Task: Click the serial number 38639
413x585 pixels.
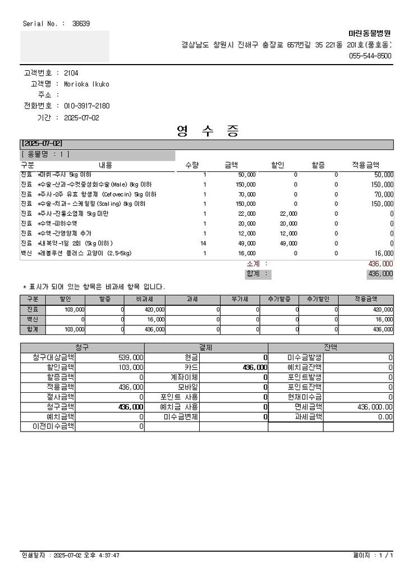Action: pos(81,24)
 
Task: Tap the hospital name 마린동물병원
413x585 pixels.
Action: pos(370,34)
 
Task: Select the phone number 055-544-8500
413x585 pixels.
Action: pos(370,56)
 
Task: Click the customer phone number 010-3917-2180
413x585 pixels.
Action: pos(86,106)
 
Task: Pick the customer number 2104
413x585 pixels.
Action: pos(71,73)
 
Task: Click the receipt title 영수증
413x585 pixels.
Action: pos(208,131)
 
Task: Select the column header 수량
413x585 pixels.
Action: pos(192,165)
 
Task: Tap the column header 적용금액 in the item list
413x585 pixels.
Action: pos(366,165)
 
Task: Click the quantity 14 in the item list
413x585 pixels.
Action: pos(204,243)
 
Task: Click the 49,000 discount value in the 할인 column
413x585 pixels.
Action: pos(288,243)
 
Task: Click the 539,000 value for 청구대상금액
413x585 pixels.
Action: pos(131,357)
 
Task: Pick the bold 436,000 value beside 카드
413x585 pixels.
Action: pos(254,368)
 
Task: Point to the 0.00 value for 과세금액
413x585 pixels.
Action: pos(385,417)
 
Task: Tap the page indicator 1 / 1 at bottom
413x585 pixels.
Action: pos(386,555)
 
